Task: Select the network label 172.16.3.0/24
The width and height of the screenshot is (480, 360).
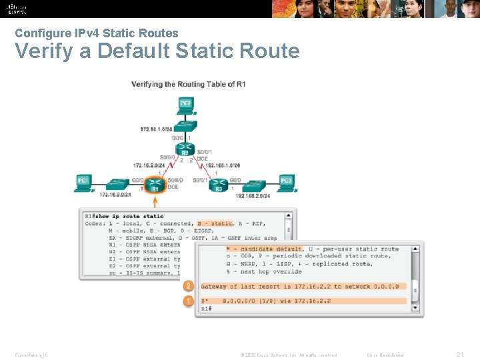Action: pos(115,195)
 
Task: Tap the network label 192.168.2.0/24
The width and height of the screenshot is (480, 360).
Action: pos(253,196)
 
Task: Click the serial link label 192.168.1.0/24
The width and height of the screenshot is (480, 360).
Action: pos(223,165)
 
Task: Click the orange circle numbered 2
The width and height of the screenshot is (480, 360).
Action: pos(189,286)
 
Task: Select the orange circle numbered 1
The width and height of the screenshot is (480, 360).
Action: pos(189,301)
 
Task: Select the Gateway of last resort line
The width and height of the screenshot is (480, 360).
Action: pos(300,287)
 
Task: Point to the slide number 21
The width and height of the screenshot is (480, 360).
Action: pos(459,354)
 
